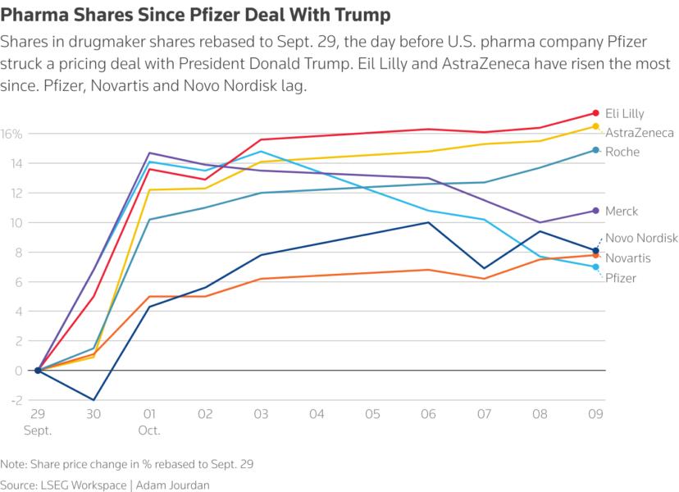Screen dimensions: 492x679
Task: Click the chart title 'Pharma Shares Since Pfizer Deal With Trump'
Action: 195,16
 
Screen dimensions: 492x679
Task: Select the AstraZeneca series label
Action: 640,133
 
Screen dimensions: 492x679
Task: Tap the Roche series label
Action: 622,152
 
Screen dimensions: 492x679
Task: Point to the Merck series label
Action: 622,212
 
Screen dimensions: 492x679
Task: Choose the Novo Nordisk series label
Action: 640,239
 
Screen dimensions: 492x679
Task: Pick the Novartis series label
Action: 628,258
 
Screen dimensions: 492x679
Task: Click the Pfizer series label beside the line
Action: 621,279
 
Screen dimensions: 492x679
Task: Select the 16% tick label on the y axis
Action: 11,134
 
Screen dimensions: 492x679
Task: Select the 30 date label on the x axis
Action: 94,414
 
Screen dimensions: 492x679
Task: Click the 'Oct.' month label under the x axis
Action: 150,429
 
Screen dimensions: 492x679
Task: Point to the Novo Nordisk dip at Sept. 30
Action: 94,400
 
